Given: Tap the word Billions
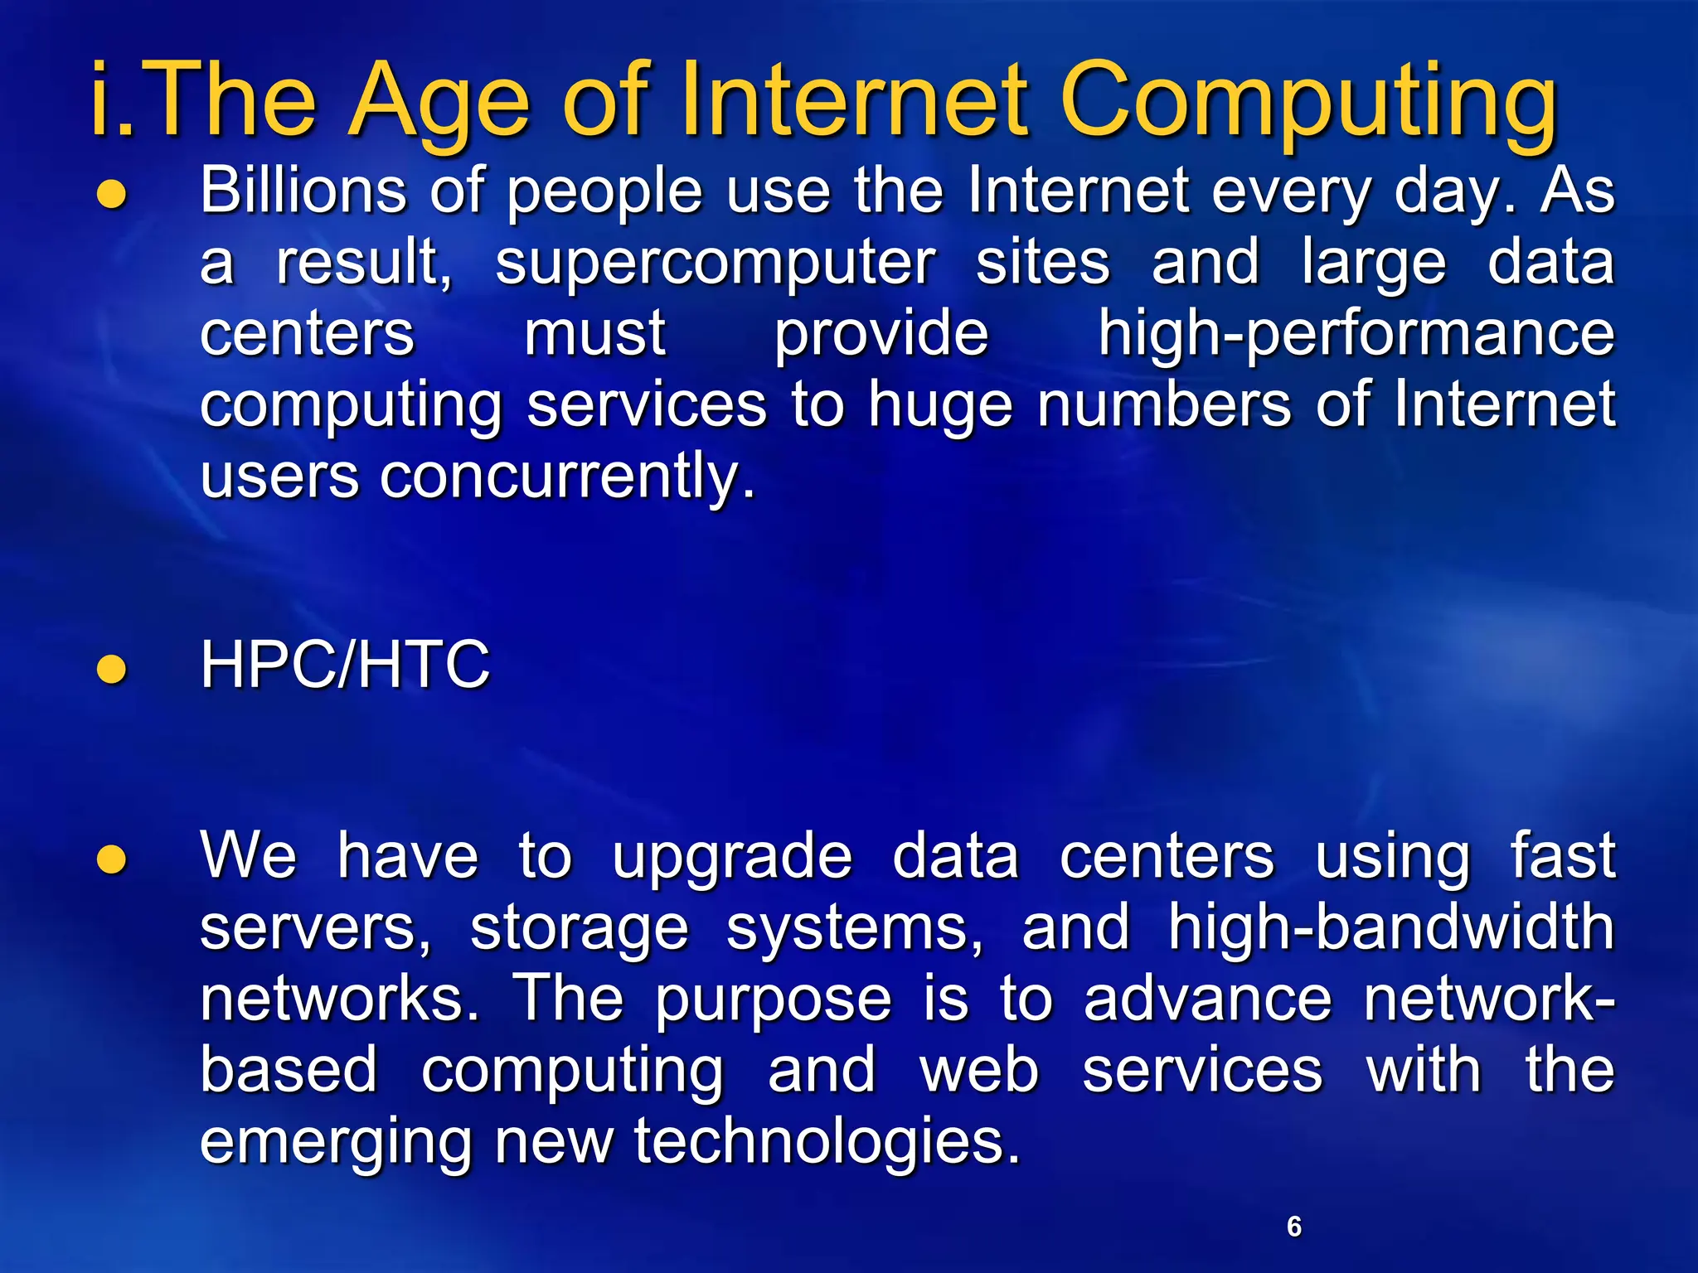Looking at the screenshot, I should [x=303, y=191].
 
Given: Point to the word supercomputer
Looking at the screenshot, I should [x=716, y=264].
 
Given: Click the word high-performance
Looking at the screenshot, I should [x=1356, y=334].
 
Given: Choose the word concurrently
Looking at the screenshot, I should [x=567, y=477].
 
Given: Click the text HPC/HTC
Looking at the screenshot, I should [x=345, y=665].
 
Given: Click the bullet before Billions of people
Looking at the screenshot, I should [x=112, y=195].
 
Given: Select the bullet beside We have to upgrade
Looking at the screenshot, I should [x=112, y=859].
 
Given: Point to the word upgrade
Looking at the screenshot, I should [x=732, y=858].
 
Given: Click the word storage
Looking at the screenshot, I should [x=579, y=928].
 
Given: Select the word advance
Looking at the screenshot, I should [x=1207, y=999].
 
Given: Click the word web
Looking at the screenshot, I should [x=979, y=1070].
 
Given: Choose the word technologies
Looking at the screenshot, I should [x=827, y=1141].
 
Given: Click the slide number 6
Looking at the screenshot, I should [x=1294, y=1226].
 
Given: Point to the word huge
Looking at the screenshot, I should [x=940, y=407].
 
